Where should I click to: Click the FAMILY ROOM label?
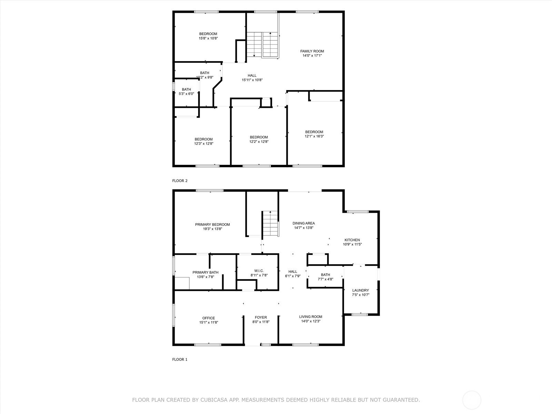[x=312, y=51]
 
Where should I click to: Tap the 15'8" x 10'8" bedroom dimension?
[x=208, y=38]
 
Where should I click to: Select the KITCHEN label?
[x=352, y=240]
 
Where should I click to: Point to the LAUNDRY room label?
[x=361, y=290]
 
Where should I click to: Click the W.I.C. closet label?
[x=259, y=271]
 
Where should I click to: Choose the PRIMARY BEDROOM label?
[x=213, y=225]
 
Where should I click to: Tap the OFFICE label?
[x=209, y=318]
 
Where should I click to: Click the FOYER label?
[x=261, y=317]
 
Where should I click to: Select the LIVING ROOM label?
[x=310, y=317]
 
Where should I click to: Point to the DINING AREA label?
[x=304, y=223]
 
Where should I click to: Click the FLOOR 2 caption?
[x=180, y=181]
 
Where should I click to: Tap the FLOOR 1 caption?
[x=180, y=359]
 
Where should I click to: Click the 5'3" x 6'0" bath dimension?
[x=186, y=94]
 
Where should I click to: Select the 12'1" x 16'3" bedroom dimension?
[x=314, y=136]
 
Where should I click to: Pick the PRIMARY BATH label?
[x=206, y=273]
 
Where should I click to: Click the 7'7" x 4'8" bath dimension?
[x=325, y=279]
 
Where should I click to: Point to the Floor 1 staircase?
[x=270, y=224]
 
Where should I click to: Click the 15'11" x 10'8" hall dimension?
[x=252, y=80]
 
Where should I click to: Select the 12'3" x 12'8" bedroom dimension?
[x=204, y=144]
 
